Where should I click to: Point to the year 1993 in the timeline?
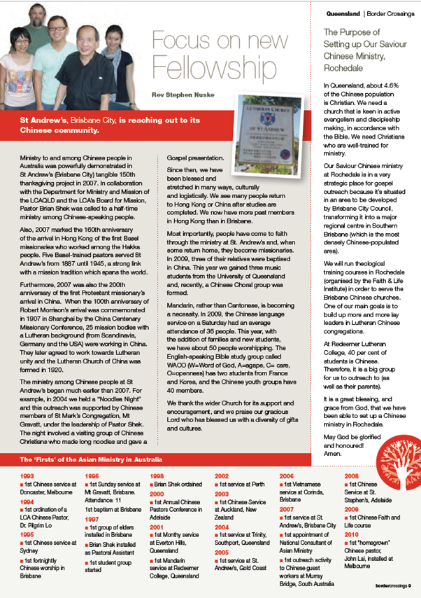18,475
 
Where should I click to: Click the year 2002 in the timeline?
220,475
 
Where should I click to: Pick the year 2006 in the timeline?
286,475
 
